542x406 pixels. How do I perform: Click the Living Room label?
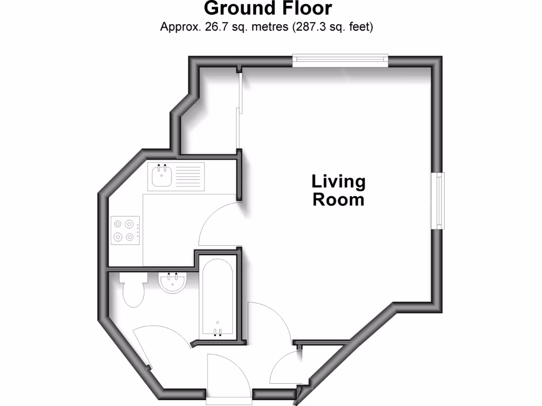[338, 191]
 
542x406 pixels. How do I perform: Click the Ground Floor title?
[268, 9]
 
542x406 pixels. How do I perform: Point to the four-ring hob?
[125, 231]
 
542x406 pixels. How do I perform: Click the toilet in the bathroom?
[132, 290]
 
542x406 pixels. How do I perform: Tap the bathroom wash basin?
[172, 282]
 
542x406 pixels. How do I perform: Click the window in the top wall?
[340, 60]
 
